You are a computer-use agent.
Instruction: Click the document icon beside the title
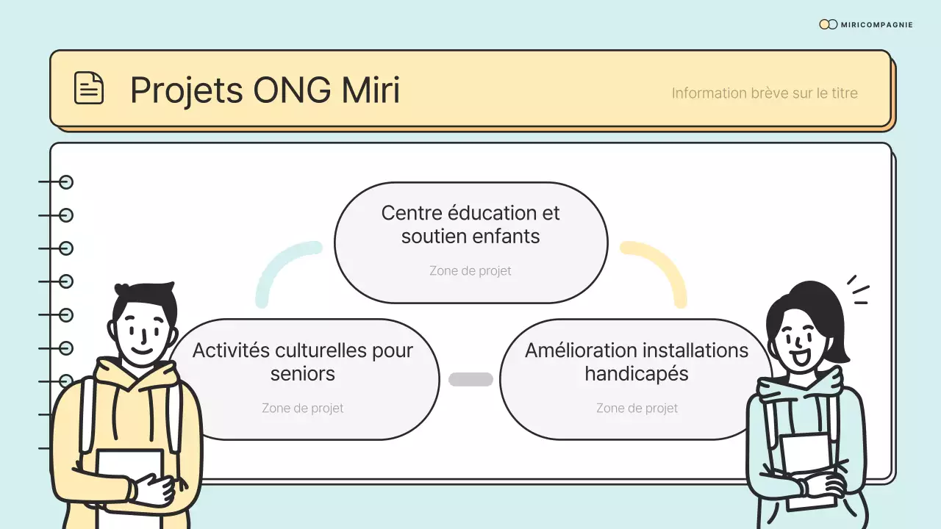pos(89,88)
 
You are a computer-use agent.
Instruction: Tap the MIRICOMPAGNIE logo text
pos(877,25)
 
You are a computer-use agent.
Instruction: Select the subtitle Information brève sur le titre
pos(765,93)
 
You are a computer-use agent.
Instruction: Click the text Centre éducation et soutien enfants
pos(470,224)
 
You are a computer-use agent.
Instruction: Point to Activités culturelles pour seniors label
pos(302,361)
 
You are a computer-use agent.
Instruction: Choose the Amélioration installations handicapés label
pos(637,361)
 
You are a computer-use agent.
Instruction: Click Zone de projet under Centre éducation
pos(470,271)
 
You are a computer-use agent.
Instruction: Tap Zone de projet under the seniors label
pos(302,409)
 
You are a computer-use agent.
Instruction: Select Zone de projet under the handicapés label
pos(637,409)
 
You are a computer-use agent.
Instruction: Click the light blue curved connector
pos(279,264)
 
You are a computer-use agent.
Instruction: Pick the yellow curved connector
pos(662,264)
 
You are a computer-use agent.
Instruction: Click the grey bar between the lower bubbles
pos(470,379)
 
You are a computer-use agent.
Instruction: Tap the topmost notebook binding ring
pos(66,182)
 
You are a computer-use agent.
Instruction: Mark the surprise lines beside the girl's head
pos(858,290)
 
